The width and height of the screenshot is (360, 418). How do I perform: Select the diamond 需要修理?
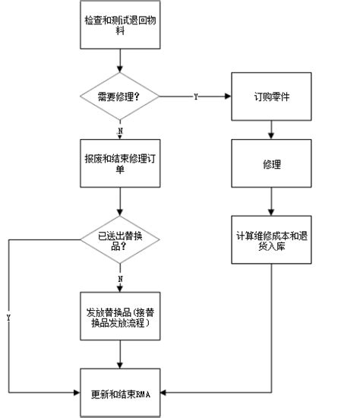(120, 97)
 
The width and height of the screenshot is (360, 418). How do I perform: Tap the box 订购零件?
(271, 97)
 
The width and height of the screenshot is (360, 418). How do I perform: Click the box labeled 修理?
(271, 163)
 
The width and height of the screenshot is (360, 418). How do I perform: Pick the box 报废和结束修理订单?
(120, 163)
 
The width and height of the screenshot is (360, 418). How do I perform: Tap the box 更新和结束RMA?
(120, 392)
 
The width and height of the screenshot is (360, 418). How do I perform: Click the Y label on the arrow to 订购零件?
(196, 98)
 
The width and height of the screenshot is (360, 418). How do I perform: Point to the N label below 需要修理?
(120, 130)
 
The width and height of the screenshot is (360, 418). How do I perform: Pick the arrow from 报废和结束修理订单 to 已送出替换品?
(120, 203)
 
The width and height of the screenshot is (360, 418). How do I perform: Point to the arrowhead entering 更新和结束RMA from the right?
(164, 392)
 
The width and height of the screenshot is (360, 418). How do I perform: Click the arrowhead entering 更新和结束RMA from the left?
(77, 392)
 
